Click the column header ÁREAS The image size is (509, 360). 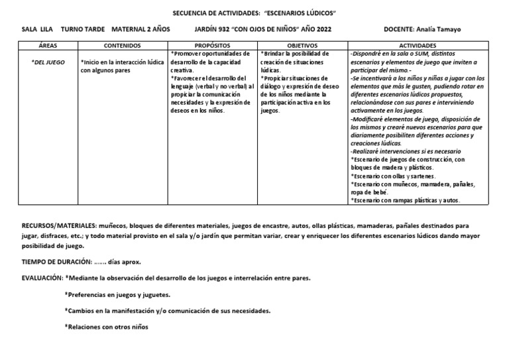click(48, 45)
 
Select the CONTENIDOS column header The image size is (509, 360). click(123, 45)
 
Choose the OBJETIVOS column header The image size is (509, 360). click(302, 45)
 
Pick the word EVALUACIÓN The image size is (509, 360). click(42, 278)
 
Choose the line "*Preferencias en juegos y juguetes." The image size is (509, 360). click(117, 294)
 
